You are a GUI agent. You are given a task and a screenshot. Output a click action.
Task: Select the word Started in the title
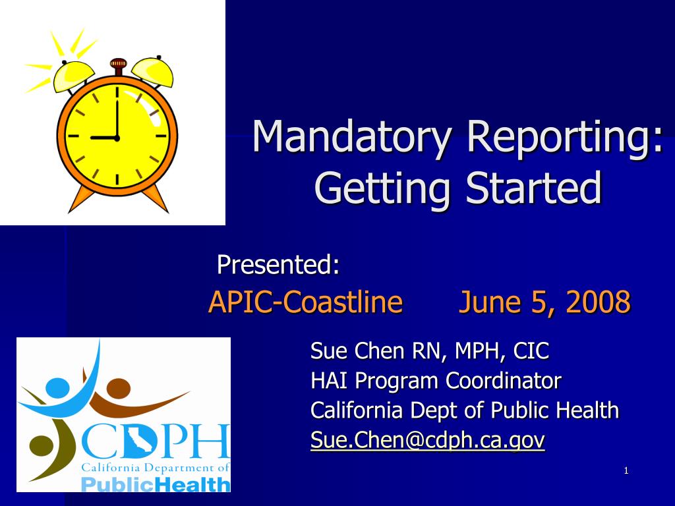pyautogui.click(x=533, y=187)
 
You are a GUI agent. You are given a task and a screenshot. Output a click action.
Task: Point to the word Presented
pyautogui.click(x=278, y=265)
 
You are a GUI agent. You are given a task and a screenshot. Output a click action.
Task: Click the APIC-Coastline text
pyautogui.click(x=305, y=302)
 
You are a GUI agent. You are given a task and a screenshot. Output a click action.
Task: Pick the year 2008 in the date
pyautogui.click(x=598, y=302)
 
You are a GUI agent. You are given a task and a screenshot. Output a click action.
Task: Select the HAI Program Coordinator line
pyautogui.click(x=436, y=380)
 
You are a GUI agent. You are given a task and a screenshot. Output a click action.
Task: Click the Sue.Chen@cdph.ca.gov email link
pyautogui.click(x=427, y=439)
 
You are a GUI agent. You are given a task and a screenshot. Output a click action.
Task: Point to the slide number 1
pyautogui.click(x=626, y=470)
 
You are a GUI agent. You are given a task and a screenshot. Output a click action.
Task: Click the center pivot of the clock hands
pyautogui.click(x=117, y=138)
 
